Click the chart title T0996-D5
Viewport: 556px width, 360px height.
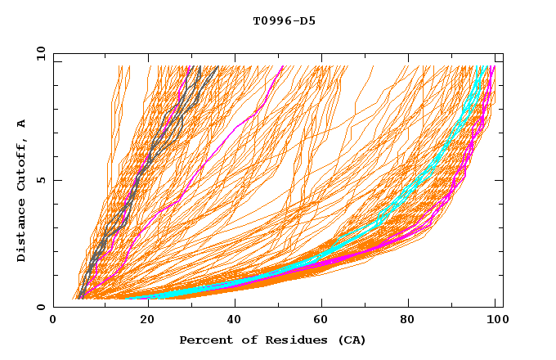pyautogui.click(x=284, y=21)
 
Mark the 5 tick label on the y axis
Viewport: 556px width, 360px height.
pyautogui.click(x=39, y=181)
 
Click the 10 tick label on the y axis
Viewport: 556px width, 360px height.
pyautogui.click(x=36, y=54)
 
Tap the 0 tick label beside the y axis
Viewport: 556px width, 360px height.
pyautogui.click(x=39, y=307)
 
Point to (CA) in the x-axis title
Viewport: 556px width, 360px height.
pyautogui.click(x=350, y=340)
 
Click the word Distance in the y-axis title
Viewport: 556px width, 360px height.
pyautogui.click(x=22, y=230)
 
